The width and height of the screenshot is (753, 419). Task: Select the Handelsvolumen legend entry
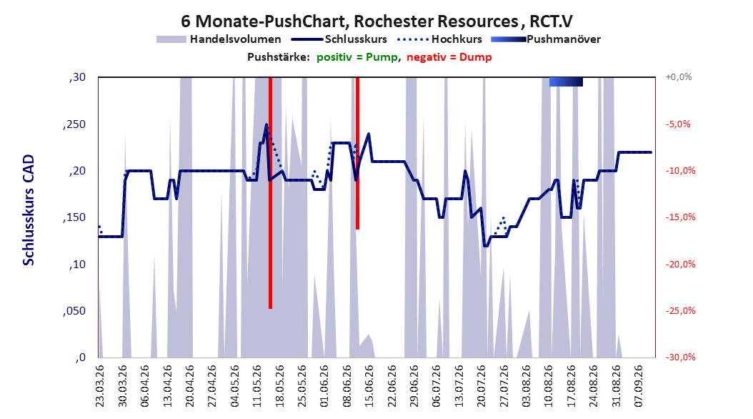pyautogui.click(x=219, y=39)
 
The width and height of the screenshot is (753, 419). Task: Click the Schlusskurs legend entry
pyautogui.click(x=339, y=39)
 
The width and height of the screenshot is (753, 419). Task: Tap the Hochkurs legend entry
pyautogui.click(x=440, y=39)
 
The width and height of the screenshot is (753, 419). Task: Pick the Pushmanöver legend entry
pyautogui.click(x=546, y=39)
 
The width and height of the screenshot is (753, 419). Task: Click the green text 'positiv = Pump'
pyautogui.click(x=357, y=57)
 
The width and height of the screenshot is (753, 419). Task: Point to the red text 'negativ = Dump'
pyautogui.click(x=449, y=57)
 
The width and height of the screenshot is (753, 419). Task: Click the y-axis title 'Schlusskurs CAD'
pyautogui.click(x=29, y=210)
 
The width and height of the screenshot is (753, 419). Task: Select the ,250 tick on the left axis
pyautogui.click(x=74, y=124)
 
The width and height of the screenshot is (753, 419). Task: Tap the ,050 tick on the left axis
pyautogui.click(x=74, y=311)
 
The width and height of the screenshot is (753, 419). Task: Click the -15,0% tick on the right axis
pyautogui.click(x=680, y=217)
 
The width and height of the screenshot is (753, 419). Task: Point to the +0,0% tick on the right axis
pyautogui.click(x=679, y=77)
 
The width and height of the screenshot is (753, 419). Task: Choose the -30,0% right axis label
pyautogui.click(x=680, y=357)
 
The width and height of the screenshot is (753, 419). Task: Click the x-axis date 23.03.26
pyautogui.click(x=100, y=386)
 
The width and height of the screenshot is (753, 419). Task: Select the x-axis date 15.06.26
pyautogui.click(x=369, y=386)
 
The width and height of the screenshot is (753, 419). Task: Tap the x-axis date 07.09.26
pyautogui.click(x=639, y=386)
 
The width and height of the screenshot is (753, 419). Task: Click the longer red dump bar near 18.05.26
pyautogui.click(x=270, y=192)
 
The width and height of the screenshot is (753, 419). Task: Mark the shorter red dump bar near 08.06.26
pyautogui.click(x=357, y=153)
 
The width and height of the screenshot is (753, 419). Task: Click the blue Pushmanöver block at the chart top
pyautogui.click(x=566, y=82)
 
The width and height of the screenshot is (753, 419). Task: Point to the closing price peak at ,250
pyautogui.click(x=266, y=124)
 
